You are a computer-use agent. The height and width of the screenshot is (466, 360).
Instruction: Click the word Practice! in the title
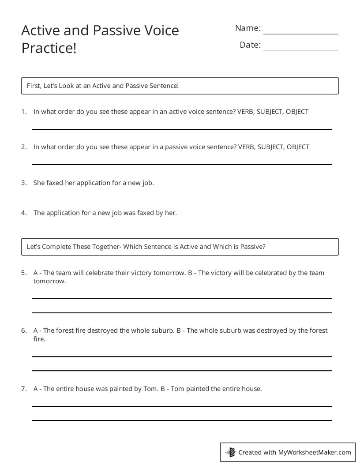click(x=49, y=48)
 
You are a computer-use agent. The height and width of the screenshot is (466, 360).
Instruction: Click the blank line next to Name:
click(x=300, y=33)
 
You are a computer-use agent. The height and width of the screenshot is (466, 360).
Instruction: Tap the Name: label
click(x=248, y=28)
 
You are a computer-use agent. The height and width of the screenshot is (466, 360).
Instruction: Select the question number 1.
click(x=24, y=112)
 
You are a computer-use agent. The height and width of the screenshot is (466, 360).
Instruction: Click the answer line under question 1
click(x=181, y=129)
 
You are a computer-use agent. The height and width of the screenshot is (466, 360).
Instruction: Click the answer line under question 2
click(x=181, y=164)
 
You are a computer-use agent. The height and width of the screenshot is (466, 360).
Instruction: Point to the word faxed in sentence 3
click(x=55, y=182)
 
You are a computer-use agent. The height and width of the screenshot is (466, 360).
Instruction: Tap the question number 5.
click(x=24, y=273)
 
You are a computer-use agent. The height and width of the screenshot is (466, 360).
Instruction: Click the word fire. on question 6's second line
click(x=39, y=339)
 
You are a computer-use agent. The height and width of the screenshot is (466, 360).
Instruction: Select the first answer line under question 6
click(x=181, y=356)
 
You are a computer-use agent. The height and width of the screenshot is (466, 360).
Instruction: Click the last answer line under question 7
click(x=181, y=420)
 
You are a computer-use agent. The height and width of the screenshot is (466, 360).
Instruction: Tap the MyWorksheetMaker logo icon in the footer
click(x=230, y=452)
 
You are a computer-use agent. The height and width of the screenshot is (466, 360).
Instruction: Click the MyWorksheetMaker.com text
click(x=315, y=452)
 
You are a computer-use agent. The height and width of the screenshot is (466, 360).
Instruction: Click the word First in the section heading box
click(x=34, y=86)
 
